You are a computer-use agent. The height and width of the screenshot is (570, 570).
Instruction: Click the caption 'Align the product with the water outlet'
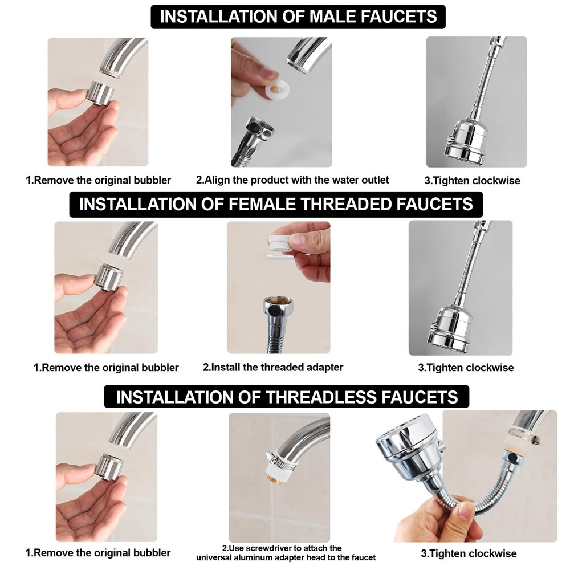[292, 180]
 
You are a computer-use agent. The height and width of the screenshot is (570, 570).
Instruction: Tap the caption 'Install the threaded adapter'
[273, 367]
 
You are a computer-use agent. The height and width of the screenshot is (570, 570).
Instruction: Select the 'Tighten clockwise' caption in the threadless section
[469, 553]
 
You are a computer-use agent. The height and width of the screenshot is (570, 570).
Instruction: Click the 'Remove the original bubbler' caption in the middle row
[106, 368]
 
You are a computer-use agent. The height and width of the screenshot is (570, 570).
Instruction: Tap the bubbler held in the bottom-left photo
[109, 466]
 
